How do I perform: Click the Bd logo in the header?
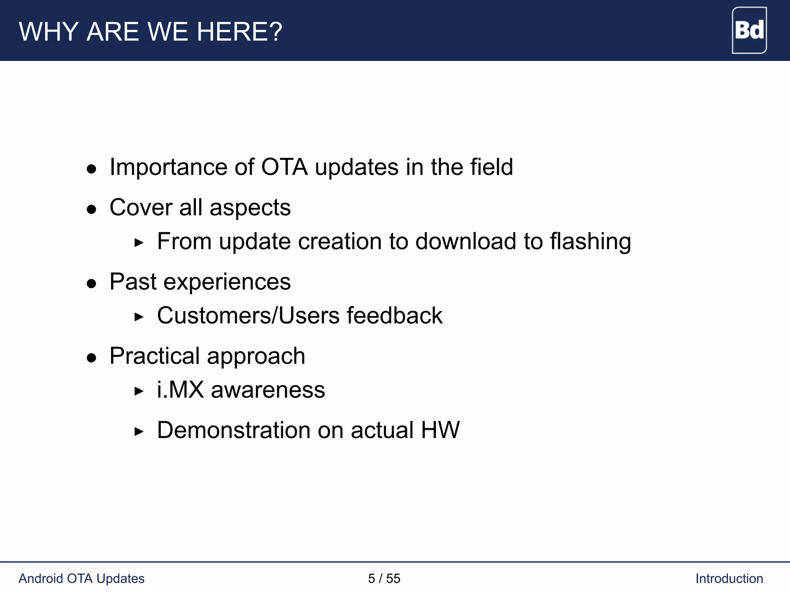pos(749,30)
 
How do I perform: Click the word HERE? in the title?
pos(240,32)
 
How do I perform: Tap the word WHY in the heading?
pos(49,32)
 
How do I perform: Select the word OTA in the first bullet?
pos(284,167)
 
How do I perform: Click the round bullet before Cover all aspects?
pos(91,210)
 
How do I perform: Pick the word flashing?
pos(590,242)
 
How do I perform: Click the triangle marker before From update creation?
pos(139,243)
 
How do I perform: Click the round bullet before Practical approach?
pos(91,358)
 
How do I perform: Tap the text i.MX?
pos(180,390)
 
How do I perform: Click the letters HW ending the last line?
pos(440,430)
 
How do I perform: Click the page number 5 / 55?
pos(384,578)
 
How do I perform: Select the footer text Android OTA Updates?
pos(81,578)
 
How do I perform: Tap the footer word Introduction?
pos(729,578)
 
